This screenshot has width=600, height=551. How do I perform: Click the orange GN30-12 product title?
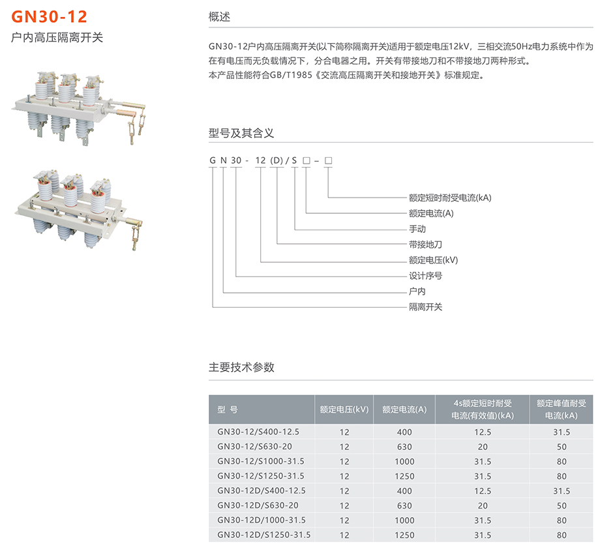tap(50, 16)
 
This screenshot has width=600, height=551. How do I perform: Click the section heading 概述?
tap(219, 17)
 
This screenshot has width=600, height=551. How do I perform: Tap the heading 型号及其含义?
tap(241, 133)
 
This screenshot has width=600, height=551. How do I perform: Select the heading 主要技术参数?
tap(241, 367)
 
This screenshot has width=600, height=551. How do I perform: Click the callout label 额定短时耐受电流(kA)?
tap(450, 198)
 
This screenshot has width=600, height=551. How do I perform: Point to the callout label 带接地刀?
tap(425, 245)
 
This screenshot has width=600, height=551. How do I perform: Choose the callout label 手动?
tap(417, 229)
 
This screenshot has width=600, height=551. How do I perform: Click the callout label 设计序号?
tap(425, 276)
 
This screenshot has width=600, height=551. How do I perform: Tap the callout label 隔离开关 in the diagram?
tap(425, 307)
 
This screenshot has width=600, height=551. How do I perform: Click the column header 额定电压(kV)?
tap(344, 410)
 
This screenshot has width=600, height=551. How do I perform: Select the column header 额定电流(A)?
tap(404, 410)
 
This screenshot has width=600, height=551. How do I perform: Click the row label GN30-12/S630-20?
tap(254, 447)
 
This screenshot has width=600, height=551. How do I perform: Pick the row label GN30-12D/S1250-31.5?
tap(264, 535)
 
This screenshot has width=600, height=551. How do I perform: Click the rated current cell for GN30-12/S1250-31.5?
tap(404, 477)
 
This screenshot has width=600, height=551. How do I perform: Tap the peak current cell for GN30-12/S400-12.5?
tap(562, 432)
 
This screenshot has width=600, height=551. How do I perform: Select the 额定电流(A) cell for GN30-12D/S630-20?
tap(404, 506)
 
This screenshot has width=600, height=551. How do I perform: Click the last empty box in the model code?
tap(328, 160)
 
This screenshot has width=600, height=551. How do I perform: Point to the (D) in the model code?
tap(277, 160)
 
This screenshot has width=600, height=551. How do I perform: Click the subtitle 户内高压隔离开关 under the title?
tap(57, 38)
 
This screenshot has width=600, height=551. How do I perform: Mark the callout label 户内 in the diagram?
tap(417, 291)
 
